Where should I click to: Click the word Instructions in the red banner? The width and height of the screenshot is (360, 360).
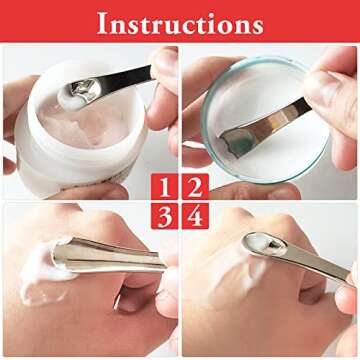click(180, 22)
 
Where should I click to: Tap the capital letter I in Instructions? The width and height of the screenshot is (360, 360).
click(102, 22)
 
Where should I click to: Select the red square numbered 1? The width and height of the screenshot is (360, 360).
click(166, 186)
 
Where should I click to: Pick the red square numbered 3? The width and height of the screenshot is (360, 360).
click(166, 216)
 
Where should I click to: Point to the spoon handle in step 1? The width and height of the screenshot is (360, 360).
click(125, 77)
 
